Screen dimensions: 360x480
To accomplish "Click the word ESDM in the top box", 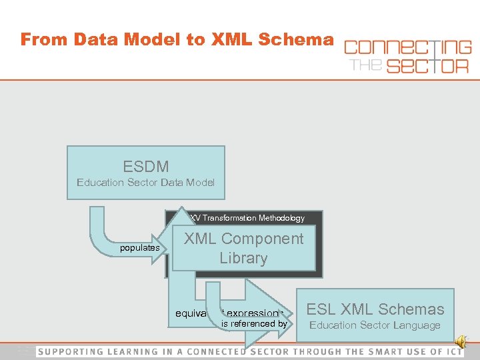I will point(145,166).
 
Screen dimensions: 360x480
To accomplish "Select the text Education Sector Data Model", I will point(145,182).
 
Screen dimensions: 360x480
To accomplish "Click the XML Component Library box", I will point(243,249).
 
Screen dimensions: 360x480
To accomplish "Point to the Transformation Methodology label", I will point(247,218).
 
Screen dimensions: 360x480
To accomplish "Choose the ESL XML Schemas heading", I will point(375,309).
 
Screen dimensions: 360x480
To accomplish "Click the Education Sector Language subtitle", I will point(375,325).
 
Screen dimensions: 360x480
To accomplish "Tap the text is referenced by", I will point(254,324).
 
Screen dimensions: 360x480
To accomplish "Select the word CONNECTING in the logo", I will point(407,47).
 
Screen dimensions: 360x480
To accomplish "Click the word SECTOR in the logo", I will point(420,65).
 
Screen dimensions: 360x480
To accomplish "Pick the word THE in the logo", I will point(365,65).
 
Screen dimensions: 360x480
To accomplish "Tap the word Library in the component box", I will point(243,259).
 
